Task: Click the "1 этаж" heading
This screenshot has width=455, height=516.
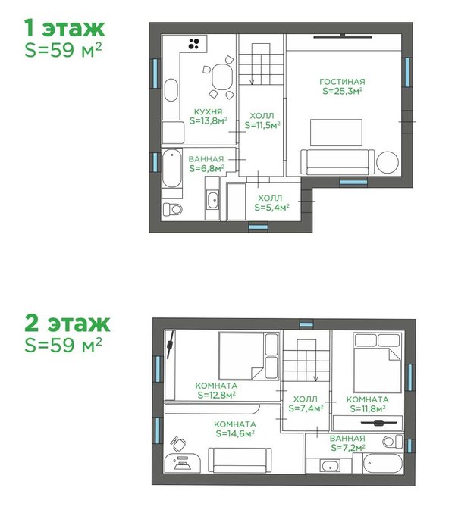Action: pyautogui.click(x=64, y=28)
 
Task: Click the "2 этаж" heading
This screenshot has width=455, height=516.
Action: pyautogui.click(x=67, y=324)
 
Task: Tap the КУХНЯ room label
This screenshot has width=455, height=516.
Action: pyautogui.click(x=208, y=112)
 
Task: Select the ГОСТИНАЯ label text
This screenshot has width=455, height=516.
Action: pyautogui.click(x=342, y=82)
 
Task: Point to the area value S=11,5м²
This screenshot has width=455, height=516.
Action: pyautogui.click(x=262, y=125)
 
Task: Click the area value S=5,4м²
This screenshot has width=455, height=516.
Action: pyautogui.click(x=271, y=208)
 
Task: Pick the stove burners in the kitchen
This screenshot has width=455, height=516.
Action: pyautogui.click(x=193, y=44)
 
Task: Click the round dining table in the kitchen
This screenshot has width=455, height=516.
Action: pyautogui.click(x=222, y=77)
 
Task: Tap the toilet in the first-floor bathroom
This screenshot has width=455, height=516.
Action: pyautogui.click(x=173, y=209)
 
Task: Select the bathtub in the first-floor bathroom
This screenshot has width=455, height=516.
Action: pyautogui.click(x=172, y=168)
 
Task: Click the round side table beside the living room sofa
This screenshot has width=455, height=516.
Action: pyautogui.click(x=388, y=162)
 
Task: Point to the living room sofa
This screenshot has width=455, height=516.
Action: pyautogui.click(x=337, y=162)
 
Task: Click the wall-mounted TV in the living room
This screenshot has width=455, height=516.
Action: pyautogui.click(x=343, y=36)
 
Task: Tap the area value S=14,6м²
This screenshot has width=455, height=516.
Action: pyautogui.click(x=235, y=433)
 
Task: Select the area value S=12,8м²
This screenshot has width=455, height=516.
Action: pyautogui.click(x=216, y=395)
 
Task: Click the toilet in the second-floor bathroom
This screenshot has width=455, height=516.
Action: pyautogui.click(x=392, y=442)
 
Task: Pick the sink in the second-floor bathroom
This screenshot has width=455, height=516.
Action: pyautogui.click(x=329, y=466)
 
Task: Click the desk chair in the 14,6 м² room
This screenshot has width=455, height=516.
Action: pyautogui.click(x=178, y=444)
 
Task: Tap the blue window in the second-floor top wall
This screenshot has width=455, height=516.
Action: pyautogui.click(x=306, y=324)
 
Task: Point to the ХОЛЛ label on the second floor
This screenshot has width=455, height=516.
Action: pyautogui.click(x=306, y=399)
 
